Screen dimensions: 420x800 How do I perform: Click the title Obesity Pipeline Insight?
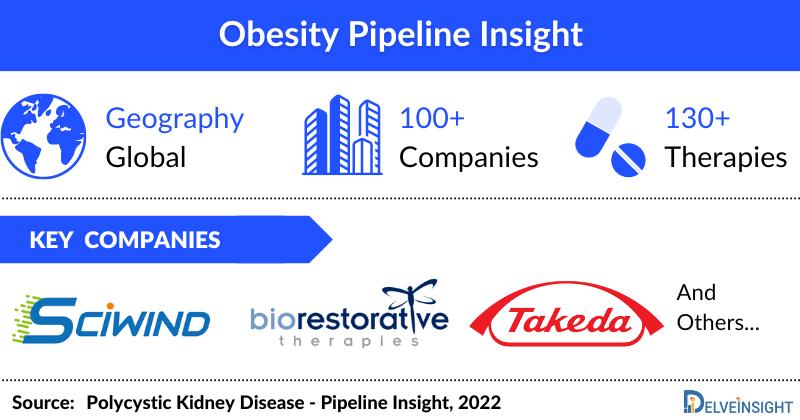400,35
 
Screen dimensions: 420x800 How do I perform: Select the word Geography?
176,119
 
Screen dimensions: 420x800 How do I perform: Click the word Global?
147,158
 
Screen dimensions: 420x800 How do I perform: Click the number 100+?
432,119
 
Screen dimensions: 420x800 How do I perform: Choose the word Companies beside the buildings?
468,158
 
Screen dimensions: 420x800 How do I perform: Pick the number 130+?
697,119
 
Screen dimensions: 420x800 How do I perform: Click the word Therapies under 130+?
725,158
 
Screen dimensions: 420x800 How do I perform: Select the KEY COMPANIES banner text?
126,241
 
